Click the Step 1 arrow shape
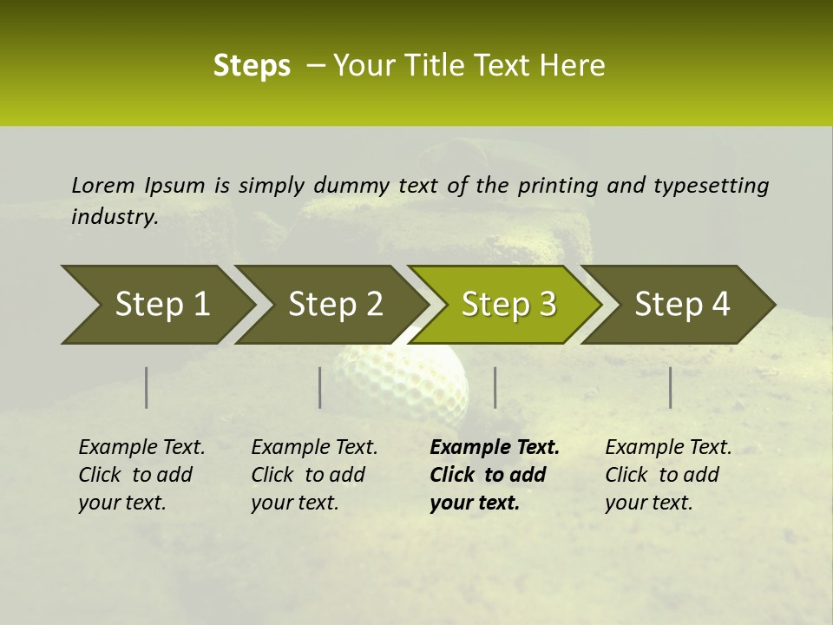[x=156, y=305]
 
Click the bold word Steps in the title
[x=252, y=66]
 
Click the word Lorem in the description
[x=103, y=185]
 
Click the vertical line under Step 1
[x=147, y=387]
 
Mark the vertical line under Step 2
[x=320, y=387]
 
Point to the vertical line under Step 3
[x=495, y=387]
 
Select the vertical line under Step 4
[x=671, y=387]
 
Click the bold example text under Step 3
[x=493, y=475]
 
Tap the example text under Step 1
[x=141, y=475]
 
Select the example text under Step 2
[x=313, y=475]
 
